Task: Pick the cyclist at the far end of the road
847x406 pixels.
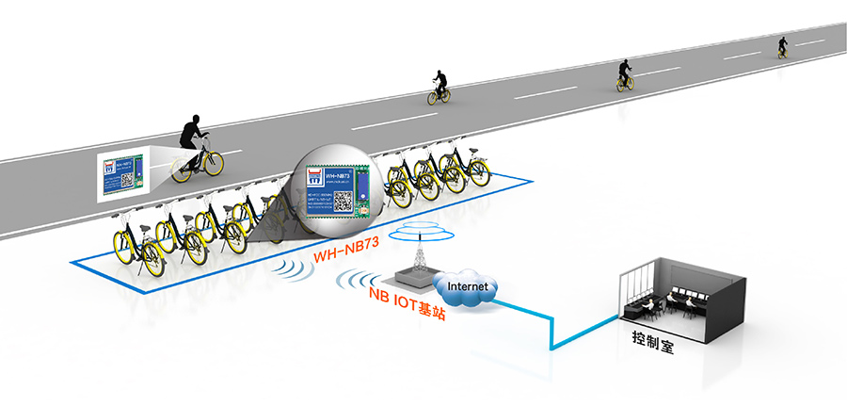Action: coord(783,46)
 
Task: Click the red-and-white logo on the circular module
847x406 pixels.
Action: coord(311,175)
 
